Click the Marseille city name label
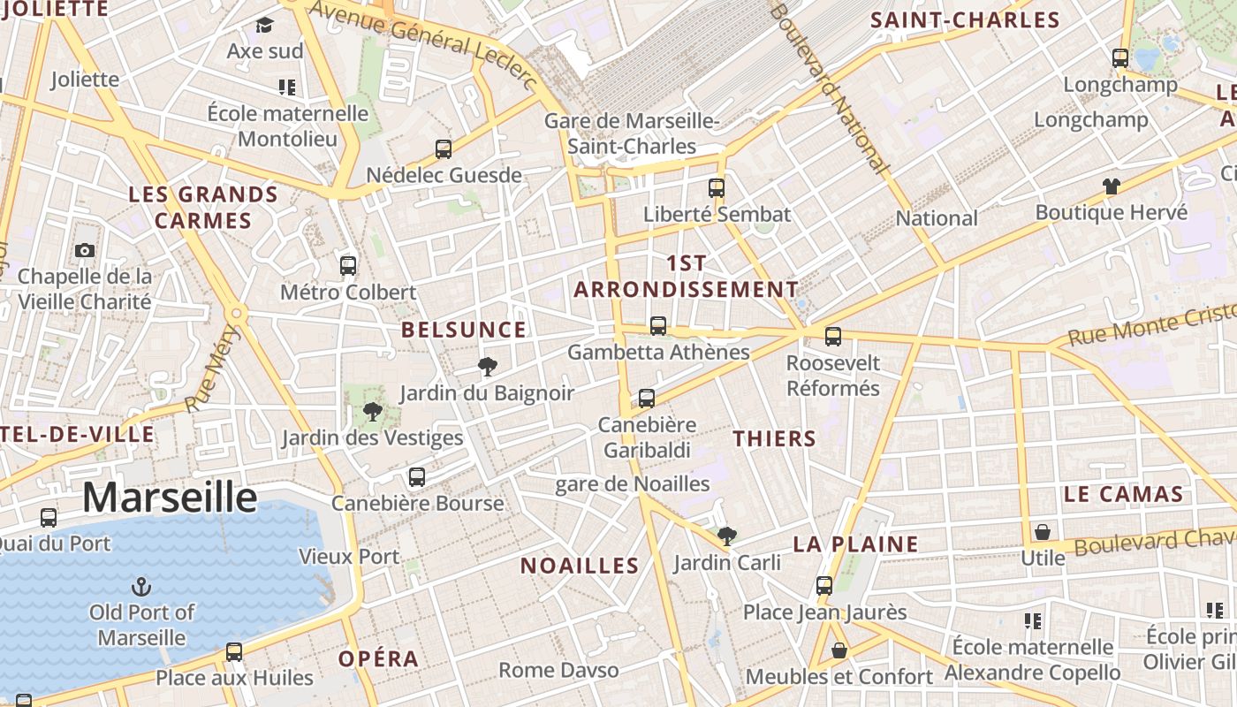coord(170,497)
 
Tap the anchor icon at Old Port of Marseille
coord(140,586)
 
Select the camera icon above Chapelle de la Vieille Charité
coord(85,250)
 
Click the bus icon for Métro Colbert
coord(348,265)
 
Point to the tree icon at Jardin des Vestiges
coord(373,411)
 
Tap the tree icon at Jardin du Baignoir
coord(487,367)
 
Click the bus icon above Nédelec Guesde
coord(444,148)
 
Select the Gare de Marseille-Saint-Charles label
coord(632,133)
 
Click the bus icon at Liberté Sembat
coord(717,187)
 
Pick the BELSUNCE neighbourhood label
coord(464,330)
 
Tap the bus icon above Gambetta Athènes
coord(658,325)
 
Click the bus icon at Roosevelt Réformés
coord(833,336)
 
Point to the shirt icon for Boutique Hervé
coord(1112,186)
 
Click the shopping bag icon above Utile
coord(1043,532)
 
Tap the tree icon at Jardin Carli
coord(727,536)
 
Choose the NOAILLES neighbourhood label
coord(580,566)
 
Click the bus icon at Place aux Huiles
coord(234,651)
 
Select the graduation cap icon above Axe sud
coord(265,25)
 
